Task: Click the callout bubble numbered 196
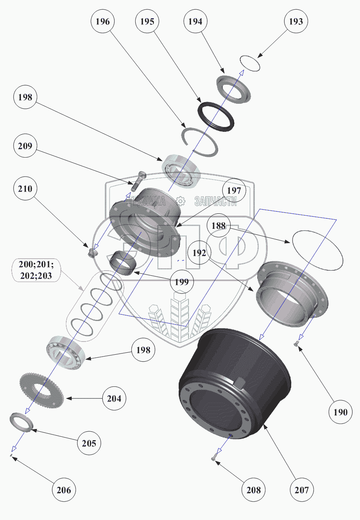pos(103,22)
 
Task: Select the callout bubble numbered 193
pos(296,22)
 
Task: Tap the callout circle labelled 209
pos(25,146)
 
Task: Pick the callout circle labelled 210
pos(25,189)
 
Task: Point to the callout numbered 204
pos(114,398)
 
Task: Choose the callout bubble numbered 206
pos(64,490)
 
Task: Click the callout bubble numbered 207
pos(301,490)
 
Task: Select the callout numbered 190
pos(340,412)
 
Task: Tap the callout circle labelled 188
pos(219,225)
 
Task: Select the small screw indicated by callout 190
pos(298,342)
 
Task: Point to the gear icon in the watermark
pos(180,201)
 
